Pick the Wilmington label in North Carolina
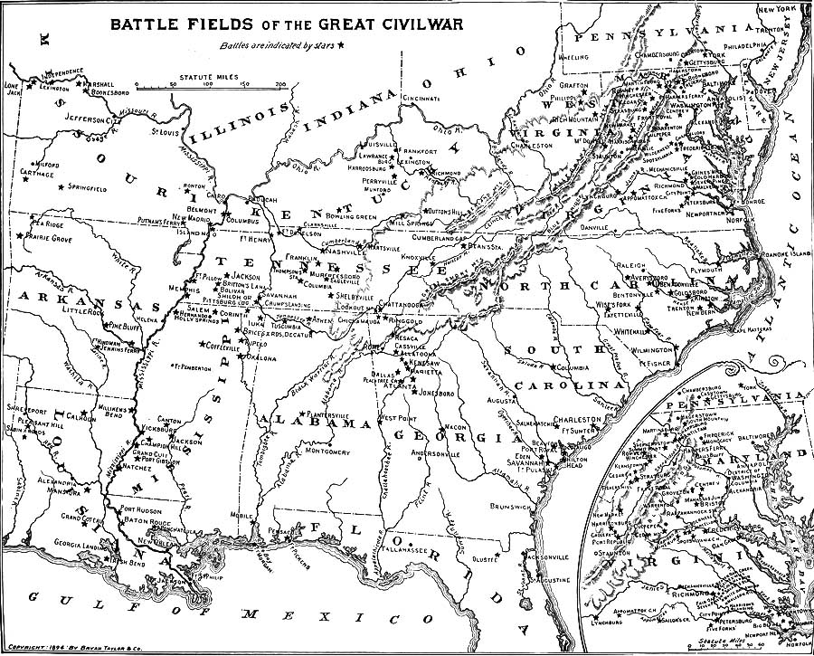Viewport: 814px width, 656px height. [650, 348]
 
